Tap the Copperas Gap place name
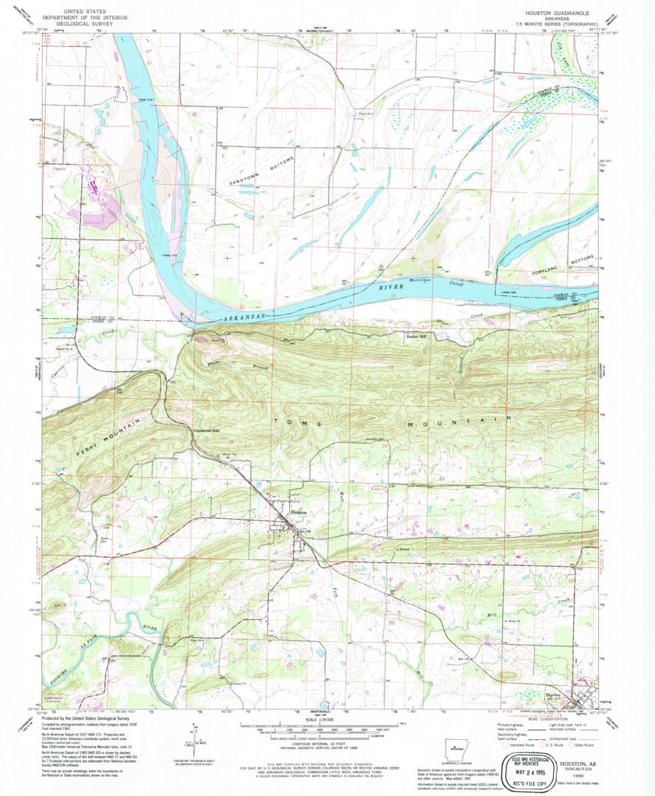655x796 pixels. coord(207,430)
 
